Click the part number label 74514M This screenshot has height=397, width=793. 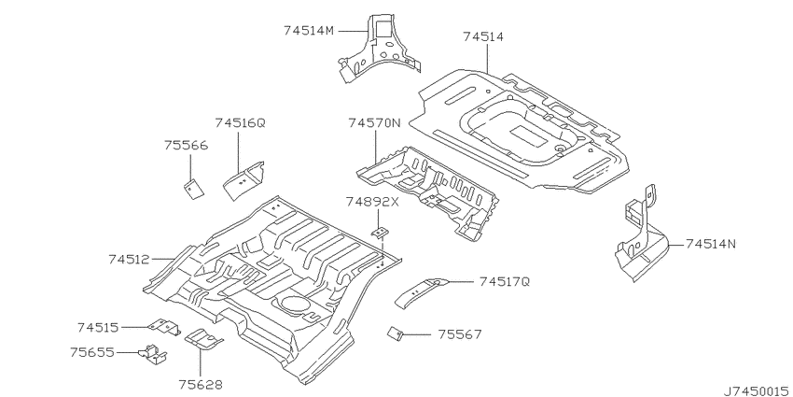click(309, 31)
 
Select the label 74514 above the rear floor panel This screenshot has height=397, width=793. click(483, 36)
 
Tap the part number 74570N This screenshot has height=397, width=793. click(374, 122)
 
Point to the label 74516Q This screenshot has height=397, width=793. click(240, 122)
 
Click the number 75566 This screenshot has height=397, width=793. click(186, 146)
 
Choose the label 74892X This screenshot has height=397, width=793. click(372, 202)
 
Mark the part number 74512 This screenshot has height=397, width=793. click(129, 260)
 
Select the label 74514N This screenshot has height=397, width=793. click(711, 244)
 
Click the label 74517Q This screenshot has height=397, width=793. click(504, 281)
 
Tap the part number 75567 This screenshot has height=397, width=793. click(460, 334)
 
